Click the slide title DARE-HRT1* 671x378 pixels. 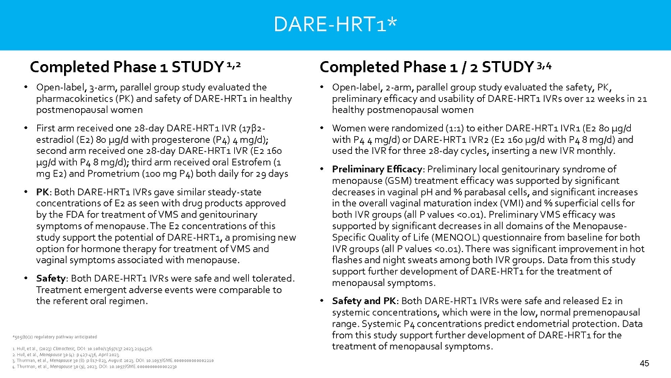click(335, 24)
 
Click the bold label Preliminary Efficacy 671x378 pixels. click(372, 169)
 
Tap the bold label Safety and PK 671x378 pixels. click(364, 301)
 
